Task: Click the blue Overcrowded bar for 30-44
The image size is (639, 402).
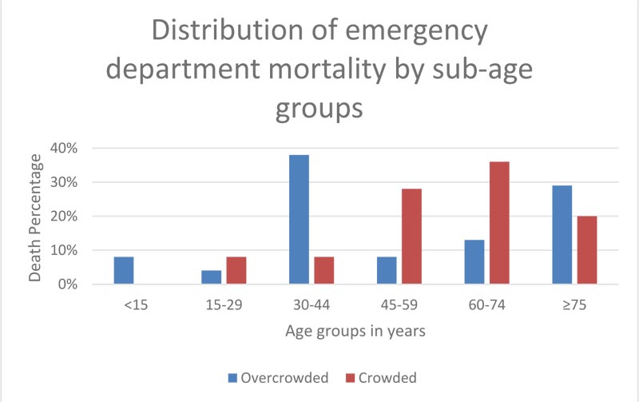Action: pyautogui.click(x=300, y=219)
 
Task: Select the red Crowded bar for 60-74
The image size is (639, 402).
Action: pyautogui.click(x=498, y=223)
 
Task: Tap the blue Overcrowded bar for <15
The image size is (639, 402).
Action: pyautogui.click(x=124, y=270)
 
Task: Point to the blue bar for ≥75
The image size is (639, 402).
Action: pyautogui.click(x=562, y=234)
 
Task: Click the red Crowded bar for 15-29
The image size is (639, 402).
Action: pyautogui.click(x=236, y=270)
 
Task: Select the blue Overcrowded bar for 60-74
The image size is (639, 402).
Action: pyautogui.click(x=474, y=262)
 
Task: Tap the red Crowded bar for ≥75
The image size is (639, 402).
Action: pyautogui.click(x=586, y=249)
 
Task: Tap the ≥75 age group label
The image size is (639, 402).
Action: pyautogui.click(x=574, y=304)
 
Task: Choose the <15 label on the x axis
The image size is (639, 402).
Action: pyautogui.click(x=136, y=304)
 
